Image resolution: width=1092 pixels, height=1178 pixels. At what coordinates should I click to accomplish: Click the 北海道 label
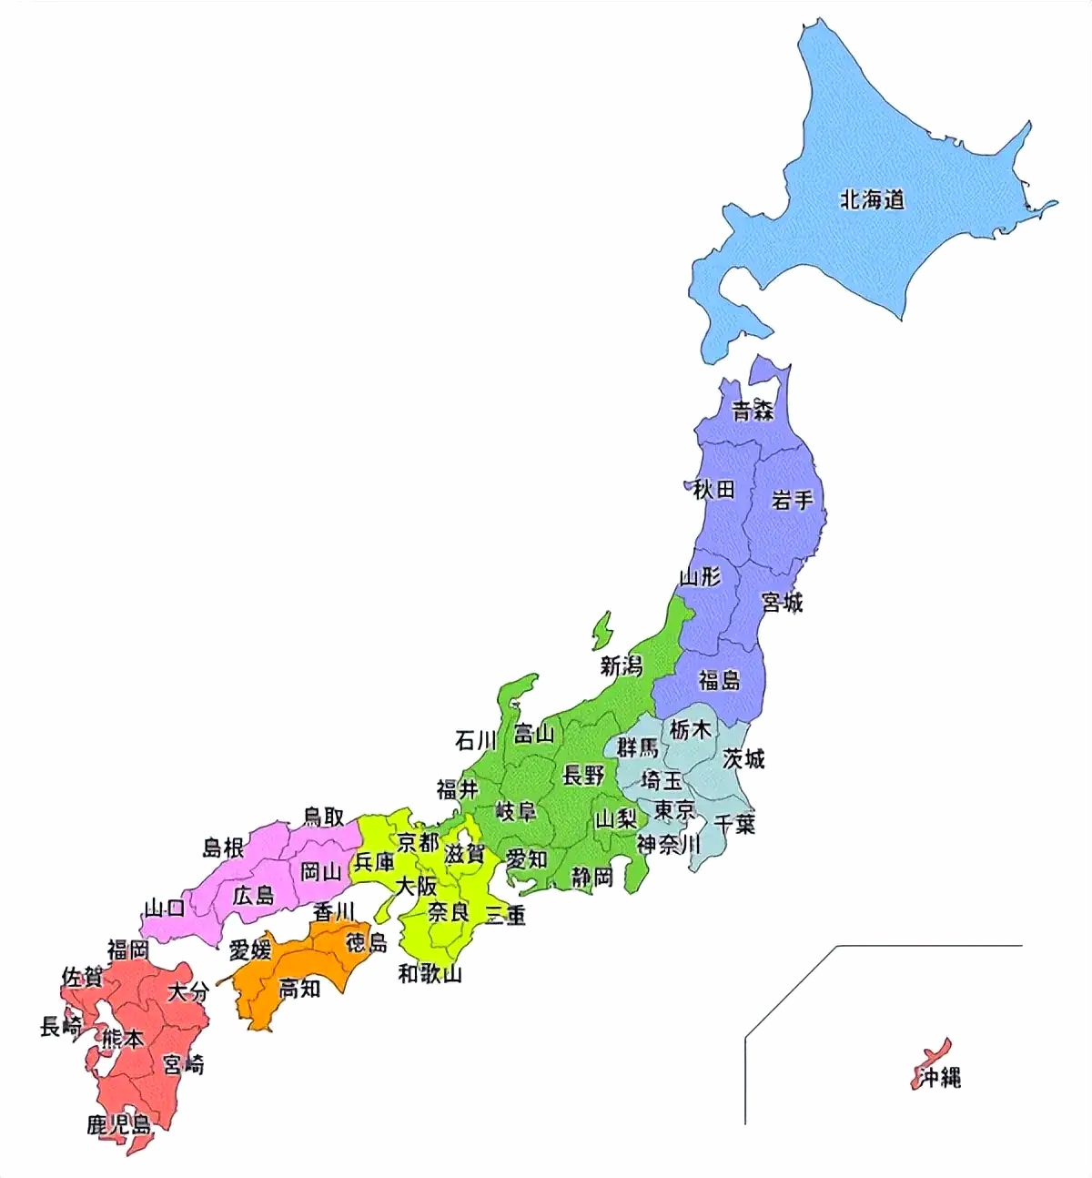pos(872,199)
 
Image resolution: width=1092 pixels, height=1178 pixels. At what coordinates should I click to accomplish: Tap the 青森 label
pos(753,411)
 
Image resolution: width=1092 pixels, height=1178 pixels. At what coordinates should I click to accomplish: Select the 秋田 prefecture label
pos(713,489)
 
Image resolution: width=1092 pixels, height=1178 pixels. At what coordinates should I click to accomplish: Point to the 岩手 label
pos(792,500)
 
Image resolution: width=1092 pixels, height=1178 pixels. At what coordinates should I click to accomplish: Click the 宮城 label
pos(782,602)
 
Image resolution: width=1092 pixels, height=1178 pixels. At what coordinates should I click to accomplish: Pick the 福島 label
pos(719,679)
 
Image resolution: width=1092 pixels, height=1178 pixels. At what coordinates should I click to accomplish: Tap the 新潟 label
pos(621,666)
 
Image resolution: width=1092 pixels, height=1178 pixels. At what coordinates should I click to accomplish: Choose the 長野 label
pos(583,776)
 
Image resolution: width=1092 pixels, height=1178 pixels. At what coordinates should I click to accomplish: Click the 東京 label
pos(674,809)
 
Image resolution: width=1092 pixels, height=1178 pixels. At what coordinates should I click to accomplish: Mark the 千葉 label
pos(734,824)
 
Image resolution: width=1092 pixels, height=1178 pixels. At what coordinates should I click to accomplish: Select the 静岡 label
pos(592,877)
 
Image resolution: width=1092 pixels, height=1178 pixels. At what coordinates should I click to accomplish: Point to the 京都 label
pos(418,841)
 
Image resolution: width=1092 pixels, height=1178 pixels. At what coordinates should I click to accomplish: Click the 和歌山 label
pos(430,974)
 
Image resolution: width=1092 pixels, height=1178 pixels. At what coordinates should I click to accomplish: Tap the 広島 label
pos(253,895)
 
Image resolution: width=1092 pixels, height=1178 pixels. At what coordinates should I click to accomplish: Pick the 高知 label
pos(299,988)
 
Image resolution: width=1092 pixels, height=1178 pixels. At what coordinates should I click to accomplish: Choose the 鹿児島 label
pos(119,1125)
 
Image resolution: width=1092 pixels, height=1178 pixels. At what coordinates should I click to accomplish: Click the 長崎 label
pos(61,1027)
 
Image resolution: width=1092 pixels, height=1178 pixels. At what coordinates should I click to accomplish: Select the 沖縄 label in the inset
pos(939,1079)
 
